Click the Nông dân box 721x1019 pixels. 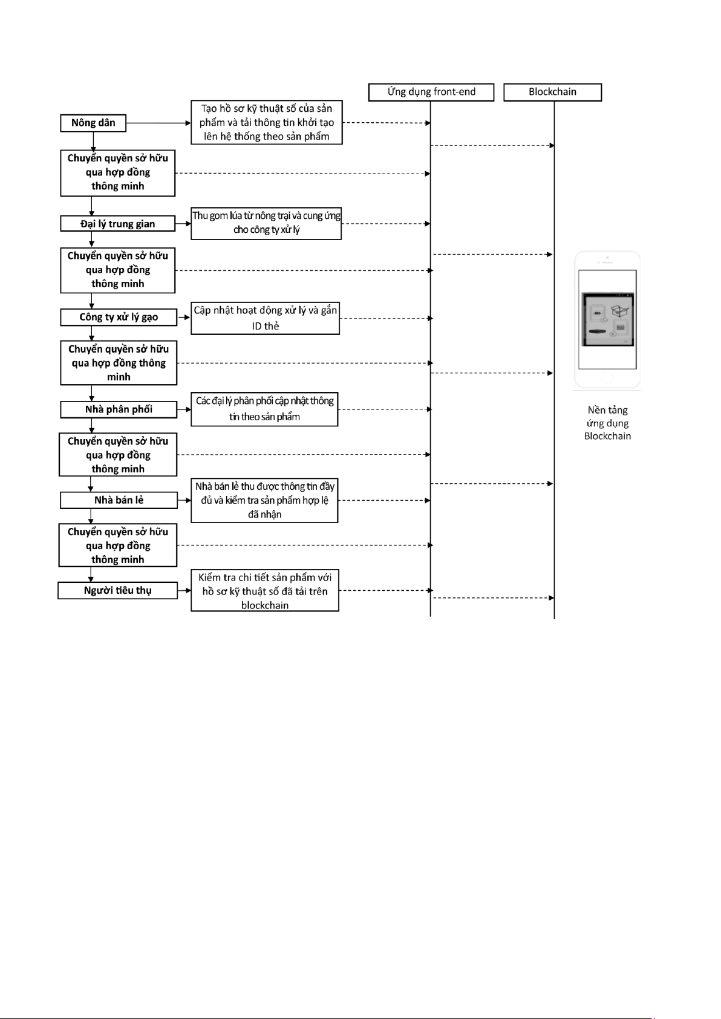click(93, 123)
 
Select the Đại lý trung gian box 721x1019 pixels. click(118, 224)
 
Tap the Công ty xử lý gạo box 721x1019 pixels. click(119, 317)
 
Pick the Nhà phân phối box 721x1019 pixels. click(119, 409)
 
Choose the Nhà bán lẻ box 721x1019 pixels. click(119, 500)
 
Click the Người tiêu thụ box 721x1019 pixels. click(118, 590)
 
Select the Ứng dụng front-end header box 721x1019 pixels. click(431, 92)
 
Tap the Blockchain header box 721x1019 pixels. click(553, 92)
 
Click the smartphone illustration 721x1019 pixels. click(607, 319)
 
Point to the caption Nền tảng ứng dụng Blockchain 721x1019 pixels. click(607, 423)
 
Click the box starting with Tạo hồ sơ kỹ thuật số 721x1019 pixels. click(267, 122)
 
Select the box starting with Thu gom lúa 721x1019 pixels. click(266, 223)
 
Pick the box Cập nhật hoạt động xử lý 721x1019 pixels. click(265, 318)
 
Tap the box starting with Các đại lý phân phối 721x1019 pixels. click(264, 409)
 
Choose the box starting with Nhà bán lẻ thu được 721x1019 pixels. click(264, 500)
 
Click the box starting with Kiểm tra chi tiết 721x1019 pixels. click(265, 590)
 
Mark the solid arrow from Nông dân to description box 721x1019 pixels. click(158, 123)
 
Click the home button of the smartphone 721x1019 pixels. click(607, 377)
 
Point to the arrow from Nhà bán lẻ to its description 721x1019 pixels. click(184, 500)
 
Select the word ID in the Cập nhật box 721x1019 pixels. click(256, 326)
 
